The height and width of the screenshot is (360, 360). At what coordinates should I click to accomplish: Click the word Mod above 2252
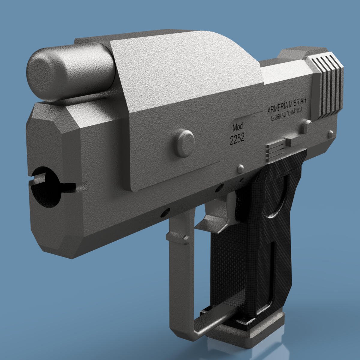click(x=238, y=127)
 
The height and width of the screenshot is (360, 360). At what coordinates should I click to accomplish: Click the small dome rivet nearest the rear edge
click(x=330, y=133)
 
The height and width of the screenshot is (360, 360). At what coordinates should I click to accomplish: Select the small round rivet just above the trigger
click(x=240, y=169)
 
